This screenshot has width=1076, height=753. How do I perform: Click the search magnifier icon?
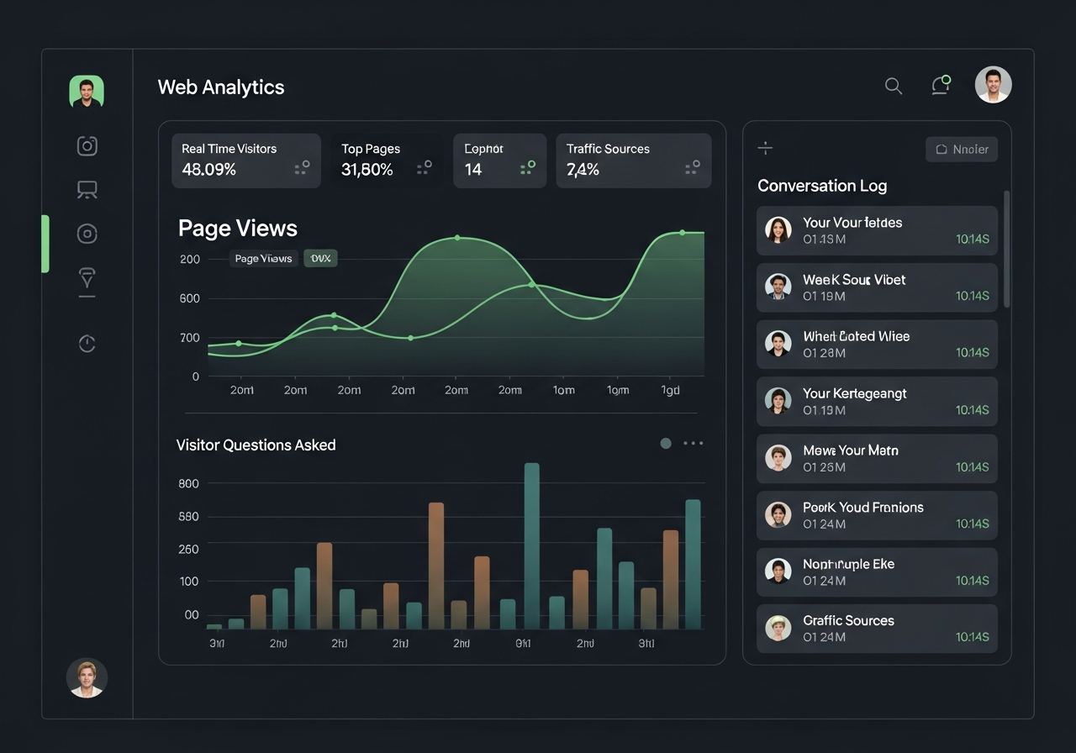click(894, 86)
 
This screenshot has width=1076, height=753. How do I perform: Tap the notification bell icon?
click(940, 86)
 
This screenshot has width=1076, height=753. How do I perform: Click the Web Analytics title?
click(221, 87)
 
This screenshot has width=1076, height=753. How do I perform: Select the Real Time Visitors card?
click(246, 160)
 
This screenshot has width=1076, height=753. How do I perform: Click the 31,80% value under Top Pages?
click(367, 170)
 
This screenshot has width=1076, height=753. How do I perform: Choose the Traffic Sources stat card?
click(633, 160)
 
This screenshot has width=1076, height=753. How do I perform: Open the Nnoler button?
click(962, 150)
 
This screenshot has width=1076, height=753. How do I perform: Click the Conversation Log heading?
click(822, 186)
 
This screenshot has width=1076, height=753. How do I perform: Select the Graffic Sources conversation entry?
click(877, 629)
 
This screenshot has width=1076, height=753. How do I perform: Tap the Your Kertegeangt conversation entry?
click(877, 401)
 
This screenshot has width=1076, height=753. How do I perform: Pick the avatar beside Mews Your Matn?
click(778, 458)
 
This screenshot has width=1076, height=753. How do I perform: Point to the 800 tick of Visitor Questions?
click(189, 483)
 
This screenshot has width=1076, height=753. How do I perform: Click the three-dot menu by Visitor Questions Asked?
click(693, 443)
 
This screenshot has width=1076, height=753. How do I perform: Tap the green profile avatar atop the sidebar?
click(87, 92)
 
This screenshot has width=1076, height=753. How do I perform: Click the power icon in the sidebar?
click(87, 343)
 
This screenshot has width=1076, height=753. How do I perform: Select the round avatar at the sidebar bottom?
click(87, 677)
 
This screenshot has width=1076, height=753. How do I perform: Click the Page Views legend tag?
click(263, 259)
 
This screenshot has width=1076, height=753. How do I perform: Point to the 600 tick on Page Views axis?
click(189, 298)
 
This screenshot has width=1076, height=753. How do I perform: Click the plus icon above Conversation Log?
click(765, 149)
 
